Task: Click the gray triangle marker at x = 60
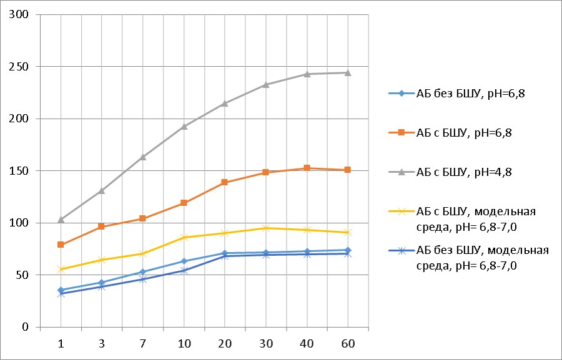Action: coord(348,73)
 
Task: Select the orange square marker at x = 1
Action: coord(61,245)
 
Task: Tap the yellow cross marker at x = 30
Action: coord(266,228)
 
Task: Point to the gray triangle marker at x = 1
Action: coord(61,219)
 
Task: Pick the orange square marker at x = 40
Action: coord(307,168)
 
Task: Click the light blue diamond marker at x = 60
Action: coord(348,250)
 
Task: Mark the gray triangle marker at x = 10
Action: coord(184,127)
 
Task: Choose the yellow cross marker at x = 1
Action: coord(61,269)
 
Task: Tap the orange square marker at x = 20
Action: coord(225,182)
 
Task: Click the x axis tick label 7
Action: coord(143,344)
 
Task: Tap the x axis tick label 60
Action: coord(348,344)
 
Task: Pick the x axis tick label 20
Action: coord(225,344)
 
